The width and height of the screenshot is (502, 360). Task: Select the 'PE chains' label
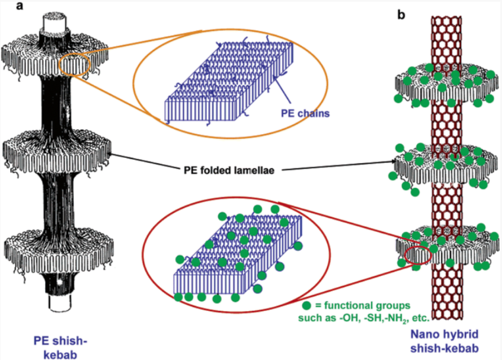pyautogui.click(x=305, y=113)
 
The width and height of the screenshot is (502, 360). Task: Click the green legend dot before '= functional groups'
pyautogui.click(x=306, y=305)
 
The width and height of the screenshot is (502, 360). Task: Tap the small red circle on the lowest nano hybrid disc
pyautogui.click(x=417, y=254)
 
